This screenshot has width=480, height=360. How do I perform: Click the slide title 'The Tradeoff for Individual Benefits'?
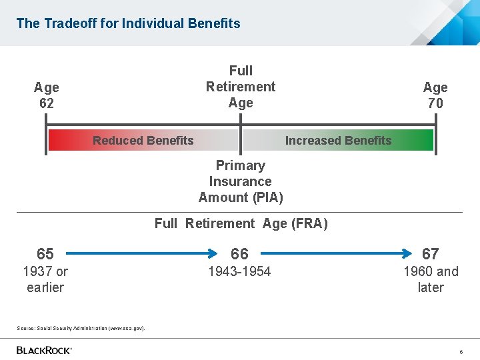(x=128, y=23)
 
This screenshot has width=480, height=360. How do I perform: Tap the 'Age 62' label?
(x=47, y=95)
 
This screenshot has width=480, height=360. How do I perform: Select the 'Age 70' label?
(x=435, y=95)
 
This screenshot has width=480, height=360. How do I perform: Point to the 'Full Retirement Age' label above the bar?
(x=241, y=87)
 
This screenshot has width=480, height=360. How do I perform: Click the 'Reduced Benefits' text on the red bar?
(x=143, y=141)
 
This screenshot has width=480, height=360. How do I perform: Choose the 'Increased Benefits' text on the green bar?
(x=338, y=141)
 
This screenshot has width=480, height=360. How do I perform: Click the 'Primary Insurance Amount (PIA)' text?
(x=241, y=181)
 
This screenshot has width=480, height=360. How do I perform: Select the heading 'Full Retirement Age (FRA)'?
(x=241, y=223)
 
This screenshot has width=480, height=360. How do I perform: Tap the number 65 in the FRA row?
(x=45, y=254)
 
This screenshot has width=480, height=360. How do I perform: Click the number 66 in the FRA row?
(x=239, y=254)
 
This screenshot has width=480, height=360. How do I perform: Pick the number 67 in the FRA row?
(x=431, y=254)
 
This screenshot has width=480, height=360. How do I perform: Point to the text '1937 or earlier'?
(x=45, y=279)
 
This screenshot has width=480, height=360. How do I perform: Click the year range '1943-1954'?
(x=239, y=271)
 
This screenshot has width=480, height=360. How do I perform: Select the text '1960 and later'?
(x=431, y=279)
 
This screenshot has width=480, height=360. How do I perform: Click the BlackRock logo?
(x=44, y=350)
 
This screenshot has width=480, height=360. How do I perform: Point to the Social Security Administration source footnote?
(x=81, y=328)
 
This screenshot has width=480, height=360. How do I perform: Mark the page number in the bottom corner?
(x=461, y=351)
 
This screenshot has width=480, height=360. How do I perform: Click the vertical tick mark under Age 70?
(x=435, y=133)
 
